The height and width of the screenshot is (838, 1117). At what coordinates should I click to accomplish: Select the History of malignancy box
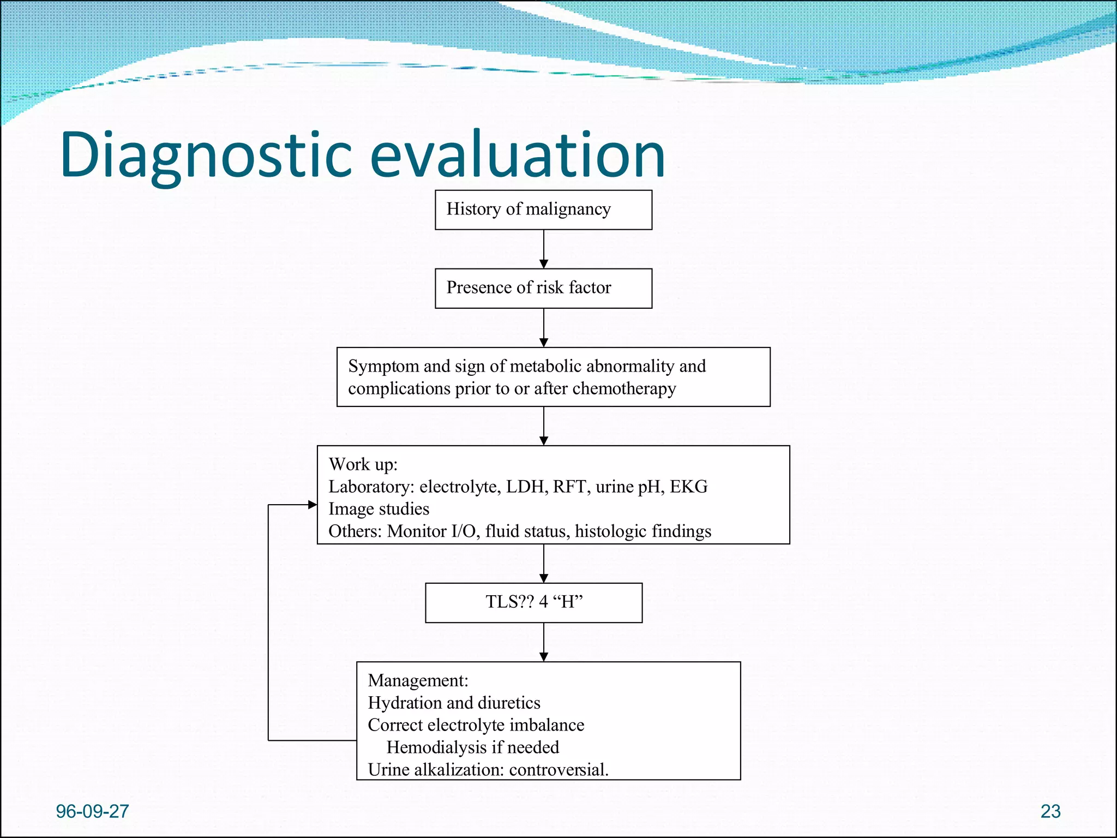(x=543, y=209)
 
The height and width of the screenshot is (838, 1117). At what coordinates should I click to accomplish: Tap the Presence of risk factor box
(x=543, y=288)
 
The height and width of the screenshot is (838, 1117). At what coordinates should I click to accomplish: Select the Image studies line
(x=379, y=509)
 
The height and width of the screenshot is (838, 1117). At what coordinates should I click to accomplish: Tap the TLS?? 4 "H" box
(x=533, y=602)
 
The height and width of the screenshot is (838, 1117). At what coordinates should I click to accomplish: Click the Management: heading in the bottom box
(x=418, y=680)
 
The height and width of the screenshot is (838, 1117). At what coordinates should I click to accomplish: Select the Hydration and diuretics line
(x=454, y=703)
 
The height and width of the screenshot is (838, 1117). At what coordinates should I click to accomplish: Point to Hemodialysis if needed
(x=472, y=747)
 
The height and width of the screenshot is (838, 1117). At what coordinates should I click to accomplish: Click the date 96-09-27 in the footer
(x=92, y=811)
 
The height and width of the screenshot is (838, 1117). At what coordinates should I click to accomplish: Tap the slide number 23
(x=1050, y=811)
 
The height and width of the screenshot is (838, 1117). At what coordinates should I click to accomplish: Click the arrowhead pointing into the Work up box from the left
(x=313, y=505)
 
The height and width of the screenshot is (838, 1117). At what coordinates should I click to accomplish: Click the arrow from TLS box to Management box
(x=543, y=642)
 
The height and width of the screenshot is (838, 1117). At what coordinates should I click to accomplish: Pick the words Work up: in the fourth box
(x=363, y=464)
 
